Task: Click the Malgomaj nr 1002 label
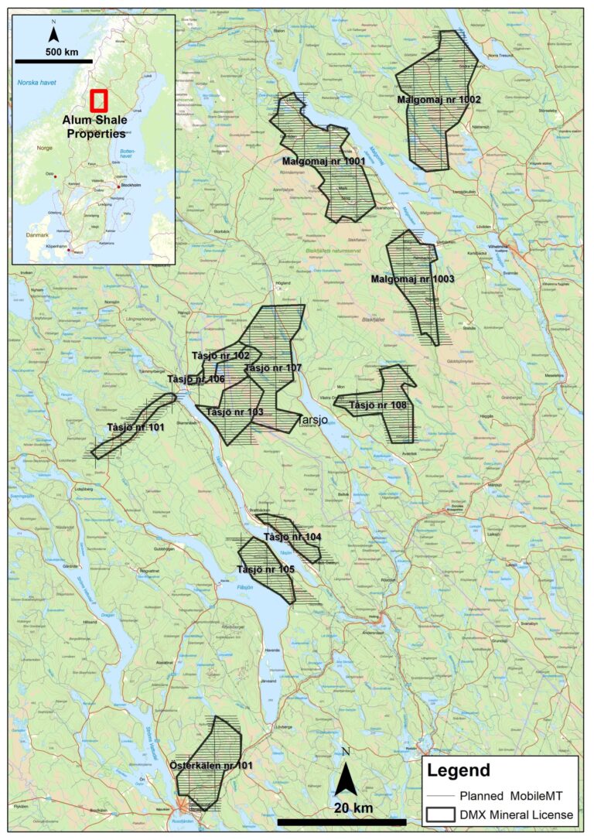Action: tap(439, 100)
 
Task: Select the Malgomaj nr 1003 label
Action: tap(411, 278)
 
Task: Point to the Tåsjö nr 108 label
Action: tap(377, 405)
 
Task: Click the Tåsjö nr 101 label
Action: tap(135, 427)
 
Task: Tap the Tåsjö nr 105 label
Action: tap(265, 569)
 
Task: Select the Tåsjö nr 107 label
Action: tap(272, 368)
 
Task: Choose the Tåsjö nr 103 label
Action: tap(234, 411)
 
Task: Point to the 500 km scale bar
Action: tap(53, 60)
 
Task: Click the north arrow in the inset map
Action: tap(53, 32)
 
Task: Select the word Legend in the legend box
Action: tap(459, 770)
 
